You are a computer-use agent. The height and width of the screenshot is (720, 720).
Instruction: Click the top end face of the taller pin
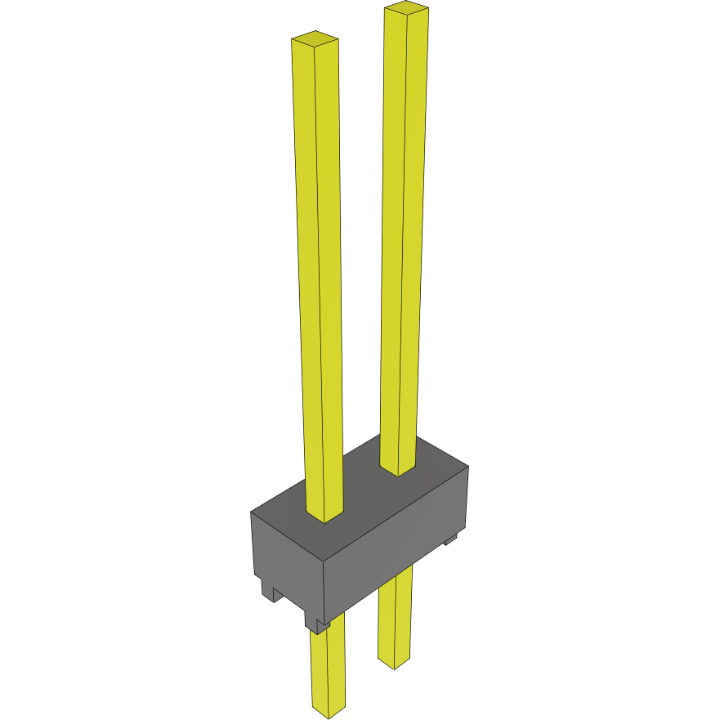click(406, 9)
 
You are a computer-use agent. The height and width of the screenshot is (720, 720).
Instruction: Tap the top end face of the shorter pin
click(315, 38)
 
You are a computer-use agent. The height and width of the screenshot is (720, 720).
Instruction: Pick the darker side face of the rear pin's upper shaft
click(415, 245)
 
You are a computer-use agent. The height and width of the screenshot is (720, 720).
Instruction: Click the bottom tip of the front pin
click(329, 713)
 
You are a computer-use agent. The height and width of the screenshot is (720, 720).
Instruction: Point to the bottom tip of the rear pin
click(395, 664)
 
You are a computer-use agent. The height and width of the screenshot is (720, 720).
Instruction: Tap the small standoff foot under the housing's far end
click(450, 540)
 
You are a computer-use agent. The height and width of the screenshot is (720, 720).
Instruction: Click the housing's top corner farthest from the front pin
click(467, 467)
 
